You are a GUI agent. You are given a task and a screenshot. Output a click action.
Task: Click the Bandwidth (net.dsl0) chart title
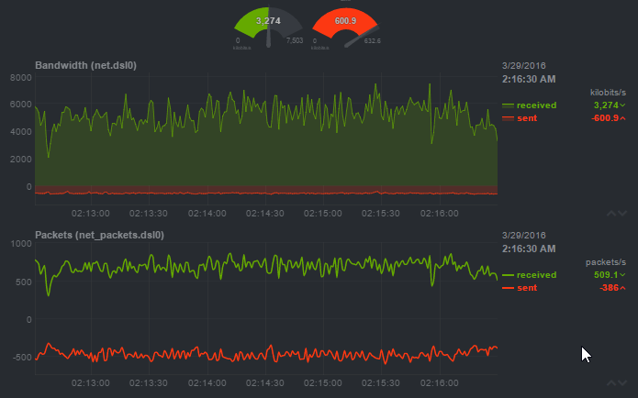click(x=85, y=66)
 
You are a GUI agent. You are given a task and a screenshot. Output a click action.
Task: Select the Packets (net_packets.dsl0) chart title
click(x=99, y=235)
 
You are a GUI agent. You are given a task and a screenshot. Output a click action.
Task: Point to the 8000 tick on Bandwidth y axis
click(x=20, y=77)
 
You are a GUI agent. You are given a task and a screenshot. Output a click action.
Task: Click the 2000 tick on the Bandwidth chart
click(x=20, y=160)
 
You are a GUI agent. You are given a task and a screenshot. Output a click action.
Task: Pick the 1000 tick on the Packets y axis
click(x=20, y=244)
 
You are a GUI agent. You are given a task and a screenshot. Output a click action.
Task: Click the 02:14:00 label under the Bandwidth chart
click(x=207, y=212)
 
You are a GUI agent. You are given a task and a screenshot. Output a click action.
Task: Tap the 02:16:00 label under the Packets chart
click(x=440, y=381)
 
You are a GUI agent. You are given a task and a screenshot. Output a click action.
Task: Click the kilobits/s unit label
click(x=608, y=93)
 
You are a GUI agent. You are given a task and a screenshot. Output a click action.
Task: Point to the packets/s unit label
click(x=606, y=261)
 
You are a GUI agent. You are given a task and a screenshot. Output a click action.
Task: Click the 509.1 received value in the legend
click(x=606, y=274)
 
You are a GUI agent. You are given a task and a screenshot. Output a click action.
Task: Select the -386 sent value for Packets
click(x=607, y=288)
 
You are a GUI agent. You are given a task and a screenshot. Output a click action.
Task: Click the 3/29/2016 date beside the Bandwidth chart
click(x=524, y=66)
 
